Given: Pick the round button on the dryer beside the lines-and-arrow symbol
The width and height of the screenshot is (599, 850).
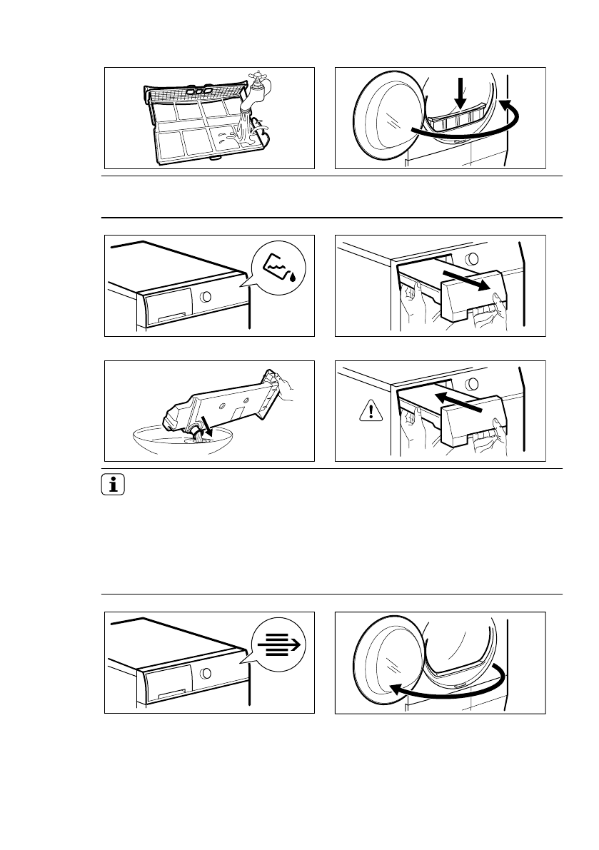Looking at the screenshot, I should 206,673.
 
